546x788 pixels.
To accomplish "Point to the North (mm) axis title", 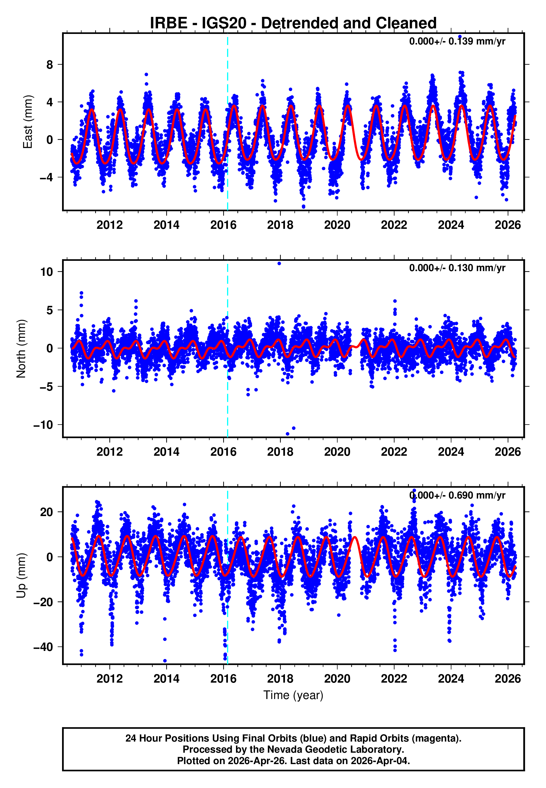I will [21, 349].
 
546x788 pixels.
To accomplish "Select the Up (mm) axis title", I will [21, 576].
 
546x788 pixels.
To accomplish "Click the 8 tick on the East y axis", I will [50, 65].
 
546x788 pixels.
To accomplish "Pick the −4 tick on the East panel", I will [46, 177].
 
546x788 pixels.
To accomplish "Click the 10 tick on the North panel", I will [46, 272].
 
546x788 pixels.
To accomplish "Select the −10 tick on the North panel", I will [43, 425].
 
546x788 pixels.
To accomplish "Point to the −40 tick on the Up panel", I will [43, 647].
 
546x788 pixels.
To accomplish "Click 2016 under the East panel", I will [223, 225].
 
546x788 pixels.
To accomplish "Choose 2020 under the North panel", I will [337, 452].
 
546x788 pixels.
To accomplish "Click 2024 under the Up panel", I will [451, 679].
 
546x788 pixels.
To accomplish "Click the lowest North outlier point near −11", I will [287, 434].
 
